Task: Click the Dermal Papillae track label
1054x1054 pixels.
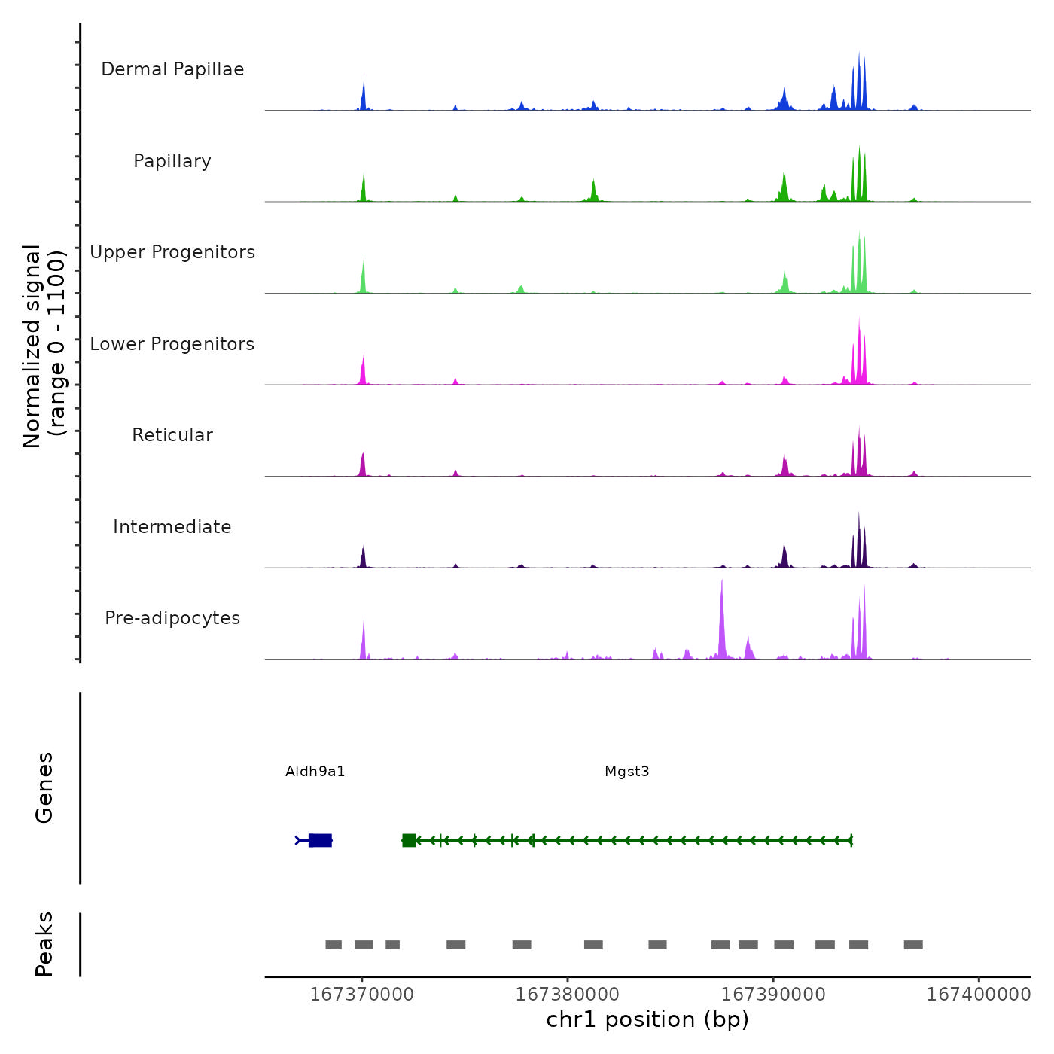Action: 172,69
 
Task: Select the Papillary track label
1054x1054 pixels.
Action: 172,161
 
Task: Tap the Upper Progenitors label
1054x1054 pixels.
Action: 172,252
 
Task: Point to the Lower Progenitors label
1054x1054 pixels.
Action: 172,344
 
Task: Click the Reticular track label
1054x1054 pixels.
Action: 172,435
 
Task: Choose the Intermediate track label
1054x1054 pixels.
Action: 172,527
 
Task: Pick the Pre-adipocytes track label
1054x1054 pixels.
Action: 172,618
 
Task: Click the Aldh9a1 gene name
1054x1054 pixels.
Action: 315,771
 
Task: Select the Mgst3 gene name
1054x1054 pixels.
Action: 627,771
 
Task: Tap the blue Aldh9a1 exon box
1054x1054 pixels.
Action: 320,840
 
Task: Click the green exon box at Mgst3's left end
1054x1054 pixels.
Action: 410,840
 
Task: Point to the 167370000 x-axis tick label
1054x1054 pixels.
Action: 361,994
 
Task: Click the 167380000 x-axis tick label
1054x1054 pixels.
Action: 567,994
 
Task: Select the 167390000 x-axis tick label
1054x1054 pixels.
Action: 773,994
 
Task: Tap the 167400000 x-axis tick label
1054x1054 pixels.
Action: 979,994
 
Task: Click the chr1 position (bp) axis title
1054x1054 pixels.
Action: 647,1019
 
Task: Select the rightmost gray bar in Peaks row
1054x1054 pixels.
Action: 913,945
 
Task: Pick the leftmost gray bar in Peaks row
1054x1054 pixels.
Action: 334,945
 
